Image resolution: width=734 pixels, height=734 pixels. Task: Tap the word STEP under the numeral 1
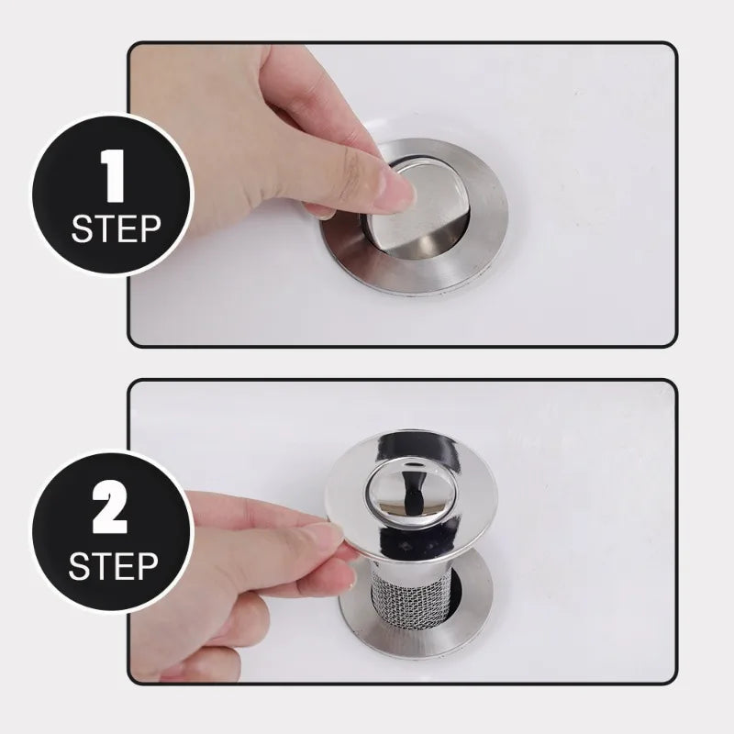pyautogui.click(x=114, y=228)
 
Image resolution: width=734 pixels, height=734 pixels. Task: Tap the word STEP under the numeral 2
pyautogui.click(x=114, y=566)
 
